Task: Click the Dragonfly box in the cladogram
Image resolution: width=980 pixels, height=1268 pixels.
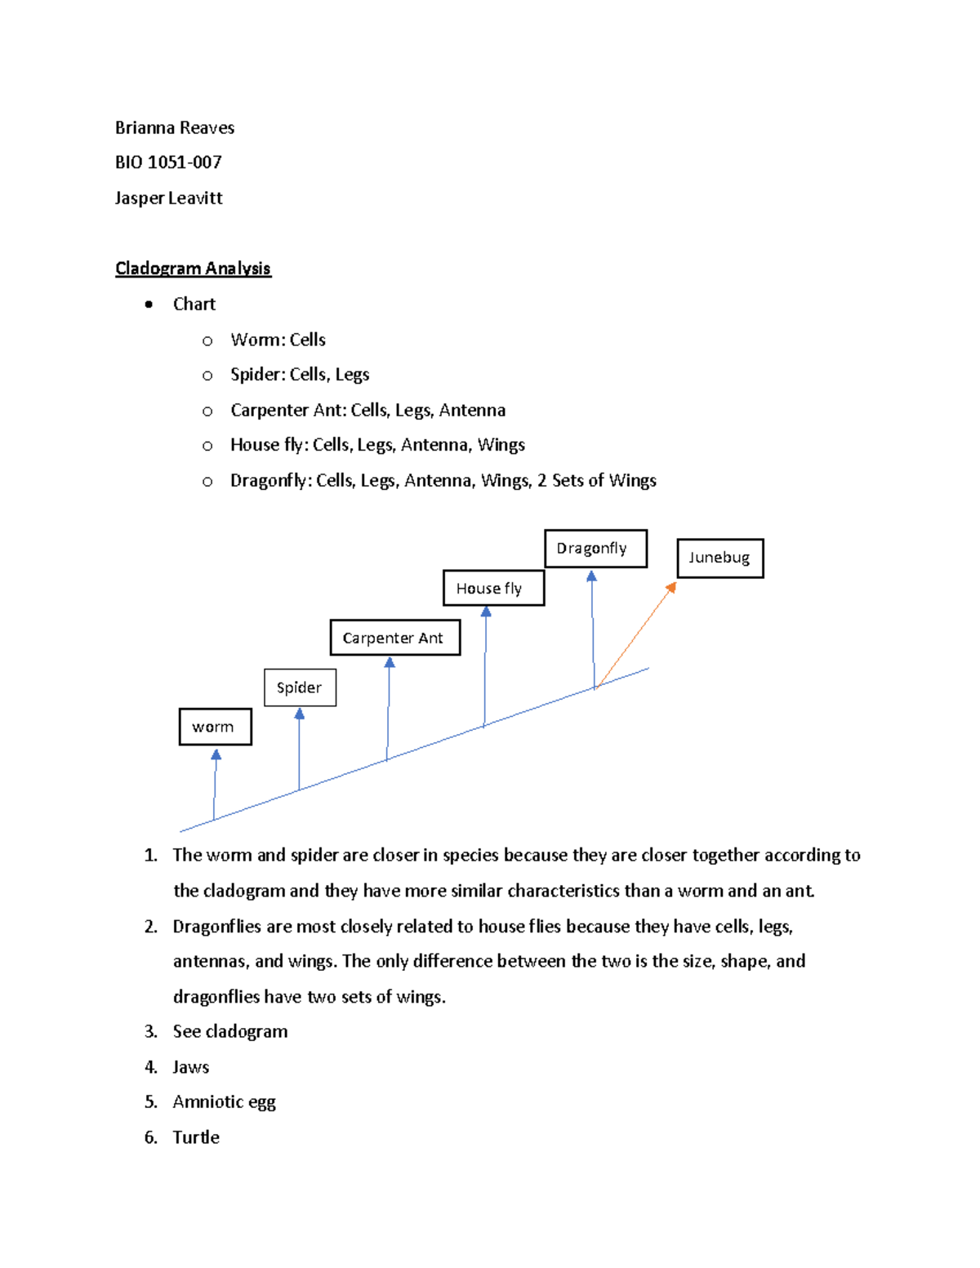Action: click(x=595, y=549)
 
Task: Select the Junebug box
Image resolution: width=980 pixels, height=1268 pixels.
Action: click(x=719, y=558)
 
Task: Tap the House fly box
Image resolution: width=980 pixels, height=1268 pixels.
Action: click(x=492, y=588)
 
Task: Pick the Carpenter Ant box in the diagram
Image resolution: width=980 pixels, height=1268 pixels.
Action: click(x=394, y=638)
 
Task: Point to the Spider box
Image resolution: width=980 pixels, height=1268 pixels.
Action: click(x=300, y=687)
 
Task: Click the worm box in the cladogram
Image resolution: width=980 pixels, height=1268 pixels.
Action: click(x=215, y=727)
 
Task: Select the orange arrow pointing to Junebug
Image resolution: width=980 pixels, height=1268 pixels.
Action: click(x=635, y=636)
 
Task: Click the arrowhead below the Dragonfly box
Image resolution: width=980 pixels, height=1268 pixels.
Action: click(x=591, y=576)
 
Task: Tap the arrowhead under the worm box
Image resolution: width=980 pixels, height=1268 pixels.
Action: click(x=216, y=755)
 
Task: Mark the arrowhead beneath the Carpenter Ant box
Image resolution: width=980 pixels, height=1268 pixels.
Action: click(x=390, y=663)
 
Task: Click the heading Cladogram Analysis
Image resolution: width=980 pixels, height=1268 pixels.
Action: click(x=193, y=269)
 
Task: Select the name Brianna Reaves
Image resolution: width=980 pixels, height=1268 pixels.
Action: click(x=175, y=127)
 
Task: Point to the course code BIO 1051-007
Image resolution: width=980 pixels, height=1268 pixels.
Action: click(x=168, y=162)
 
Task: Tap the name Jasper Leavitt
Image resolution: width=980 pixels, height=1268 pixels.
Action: click(x=168, y=198)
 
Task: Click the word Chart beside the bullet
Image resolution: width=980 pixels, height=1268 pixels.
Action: click(x=194, y=304)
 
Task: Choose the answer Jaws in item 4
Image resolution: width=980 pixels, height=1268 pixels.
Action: click(x=191, y=1067)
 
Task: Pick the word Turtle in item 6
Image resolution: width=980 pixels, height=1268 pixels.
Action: click(x=196, y=1137)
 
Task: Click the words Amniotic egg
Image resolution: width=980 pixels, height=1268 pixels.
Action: click(x=224, y=1102)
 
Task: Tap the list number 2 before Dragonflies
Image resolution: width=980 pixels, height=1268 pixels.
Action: click(x=150, y=927)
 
